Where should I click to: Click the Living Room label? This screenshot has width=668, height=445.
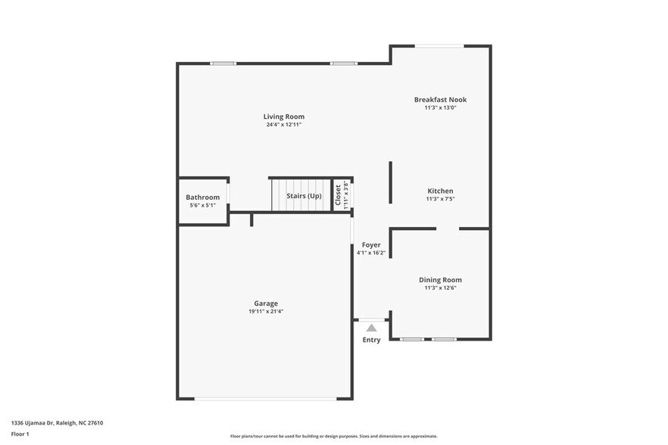283,117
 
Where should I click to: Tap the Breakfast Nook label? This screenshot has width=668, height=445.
440,99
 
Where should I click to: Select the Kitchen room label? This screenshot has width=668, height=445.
440,191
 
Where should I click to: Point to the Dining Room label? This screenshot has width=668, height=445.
440,279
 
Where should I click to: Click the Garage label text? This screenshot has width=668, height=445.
265,303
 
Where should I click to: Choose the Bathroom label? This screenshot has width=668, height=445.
202,197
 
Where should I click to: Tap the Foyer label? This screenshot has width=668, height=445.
371,244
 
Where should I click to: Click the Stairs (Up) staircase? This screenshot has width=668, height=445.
301,196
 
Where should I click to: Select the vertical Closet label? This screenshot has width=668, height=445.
339,195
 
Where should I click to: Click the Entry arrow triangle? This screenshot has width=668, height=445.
371,328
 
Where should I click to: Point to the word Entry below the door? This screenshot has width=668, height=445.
371,340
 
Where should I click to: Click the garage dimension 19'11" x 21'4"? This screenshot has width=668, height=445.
265,311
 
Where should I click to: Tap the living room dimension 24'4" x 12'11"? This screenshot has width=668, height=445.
283,125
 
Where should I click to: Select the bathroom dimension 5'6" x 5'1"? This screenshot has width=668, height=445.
202,205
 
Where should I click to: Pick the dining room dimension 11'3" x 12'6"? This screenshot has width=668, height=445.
440,288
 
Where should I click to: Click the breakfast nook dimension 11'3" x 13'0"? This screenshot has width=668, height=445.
440,107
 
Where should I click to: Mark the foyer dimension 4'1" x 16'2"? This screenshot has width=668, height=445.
371,253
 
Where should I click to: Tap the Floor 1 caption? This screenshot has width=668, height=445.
20,434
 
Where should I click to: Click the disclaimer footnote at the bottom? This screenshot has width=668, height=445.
333,436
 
